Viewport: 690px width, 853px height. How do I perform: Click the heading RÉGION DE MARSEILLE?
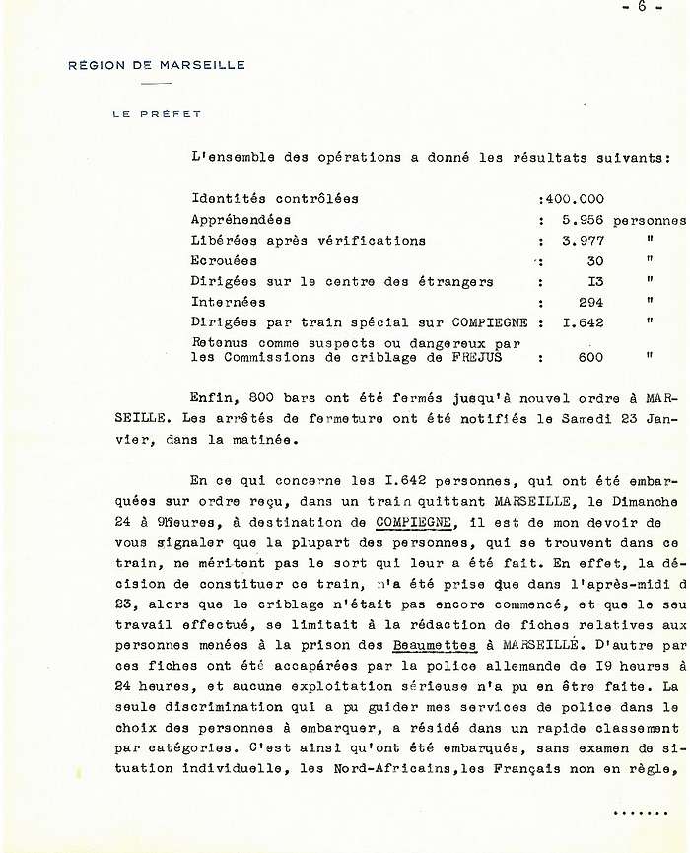pyautogui.click(x=157, y=65)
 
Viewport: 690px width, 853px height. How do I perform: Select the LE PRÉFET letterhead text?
pyautogui.click(x=157, y=114)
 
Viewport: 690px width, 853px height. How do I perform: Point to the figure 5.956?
pyautogui.click(x=581, y=220)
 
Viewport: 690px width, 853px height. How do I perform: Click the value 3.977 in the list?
pyautogui.click(x=581, y=241)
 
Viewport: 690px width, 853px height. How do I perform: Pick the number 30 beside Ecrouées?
pyautogui.click(x=593, y=261)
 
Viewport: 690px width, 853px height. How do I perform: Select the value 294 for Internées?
pyautogui.click(x=589, y=303)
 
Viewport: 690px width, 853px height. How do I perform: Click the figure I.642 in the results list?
pyautogui.click(x=581, y=322)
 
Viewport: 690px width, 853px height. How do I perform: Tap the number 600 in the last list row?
pyautogui.click(x=589, y=358)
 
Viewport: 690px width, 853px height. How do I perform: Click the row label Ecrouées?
pyautogui.click(x=224, y=261)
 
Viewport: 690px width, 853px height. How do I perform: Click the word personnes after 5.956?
pyautogui.click(x=649, y=220)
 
